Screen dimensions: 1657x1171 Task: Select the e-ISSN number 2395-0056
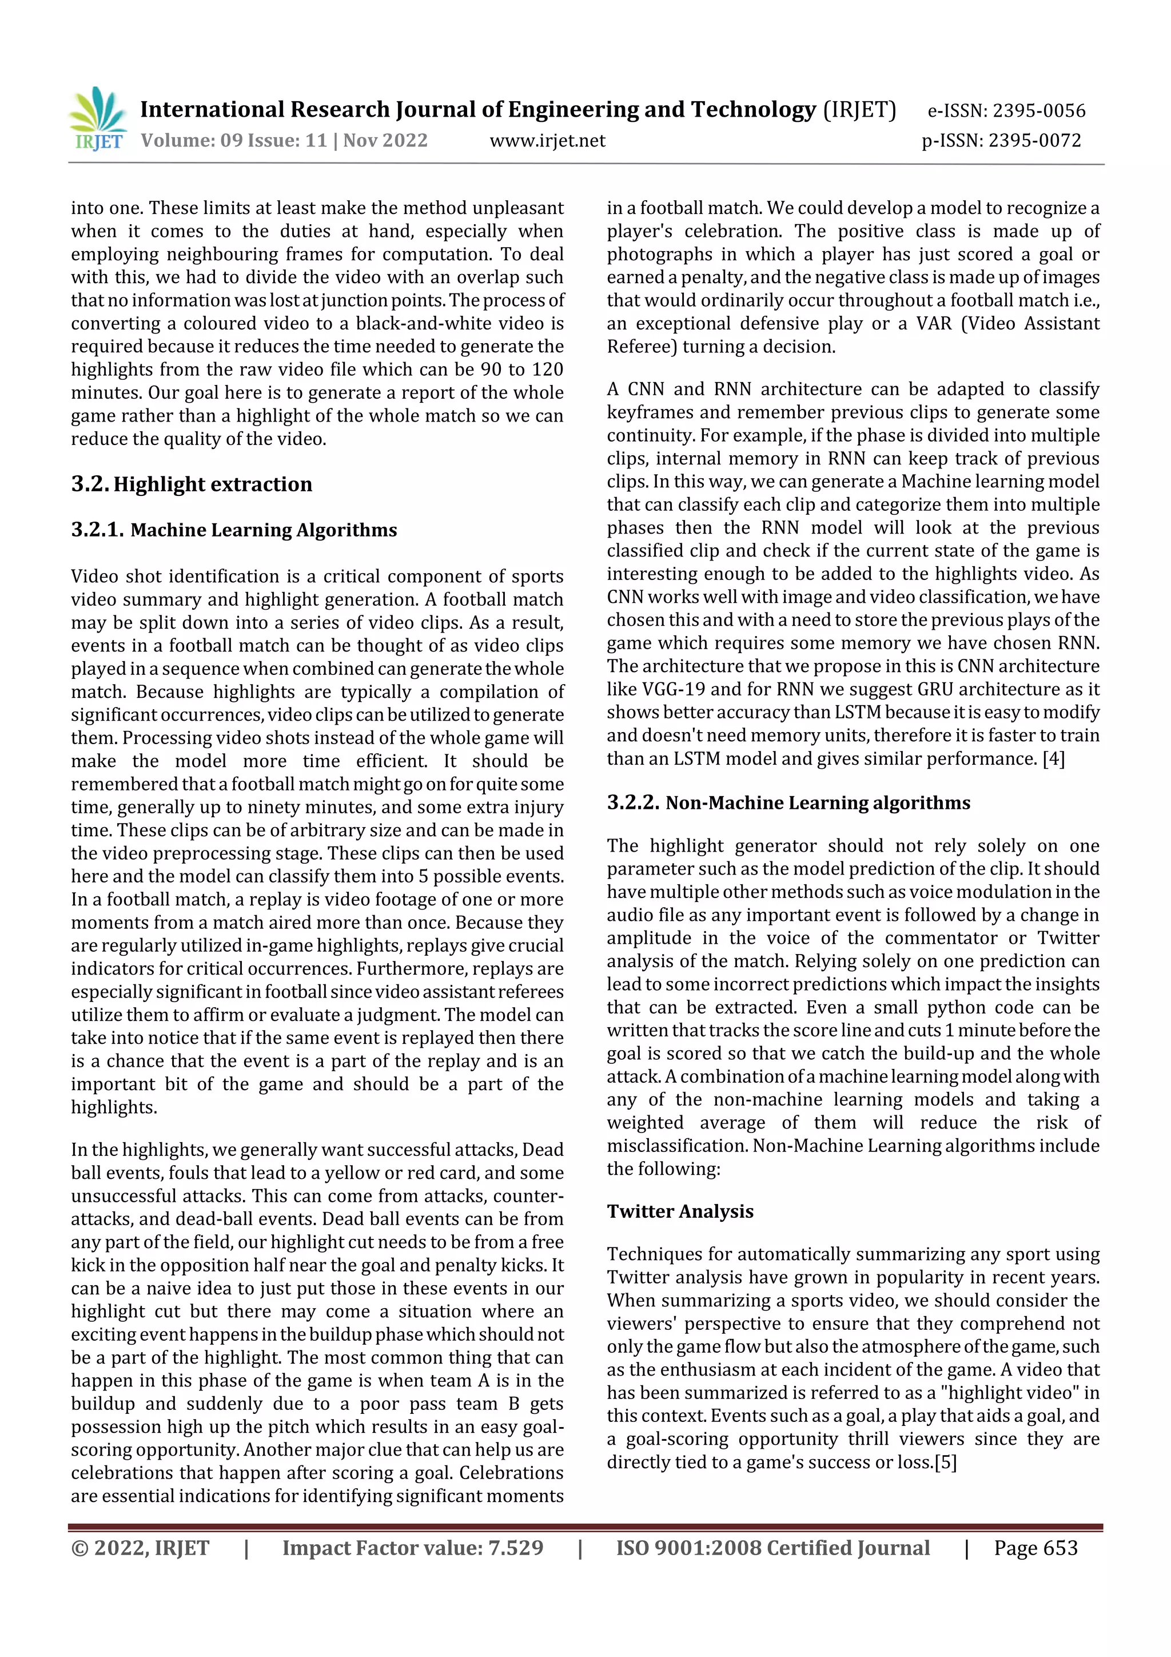click(x=1039, y=110)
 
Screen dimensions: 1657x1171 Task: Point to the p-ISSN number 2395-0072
click(x=1035, y=141)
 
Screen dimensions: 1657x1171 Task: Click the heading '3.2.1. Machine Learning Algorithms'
click(x=234, y=530)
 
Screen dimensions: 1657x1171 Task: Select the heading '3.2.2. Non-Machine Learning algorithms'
click(x=788, y=802)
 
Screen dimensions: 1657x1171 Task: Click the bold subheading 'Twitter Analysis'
click(x=680, y=1211)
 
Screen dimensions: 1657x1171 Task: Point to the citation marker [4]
click(x=1053, y=758)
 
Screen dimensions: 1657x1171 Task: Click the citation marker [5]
click(x=945, y=1462)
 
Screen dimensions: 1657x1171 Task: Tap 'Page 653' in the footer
click(x=1035, y=1548)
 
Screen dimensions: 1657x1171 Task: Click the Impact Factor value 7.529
click(x=515, y=1548)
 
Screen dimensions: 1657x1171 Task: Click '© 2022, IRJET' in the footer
click(x=140, y=1548)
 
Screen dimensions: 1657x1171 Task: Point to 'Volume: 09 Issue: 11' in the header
click(x=234, y=141)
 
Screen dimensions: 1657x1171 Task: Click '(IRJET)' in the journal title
click(x=859, y=110)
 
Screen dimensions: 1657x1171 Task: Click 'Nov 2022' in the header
click(x=385, y=141)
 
